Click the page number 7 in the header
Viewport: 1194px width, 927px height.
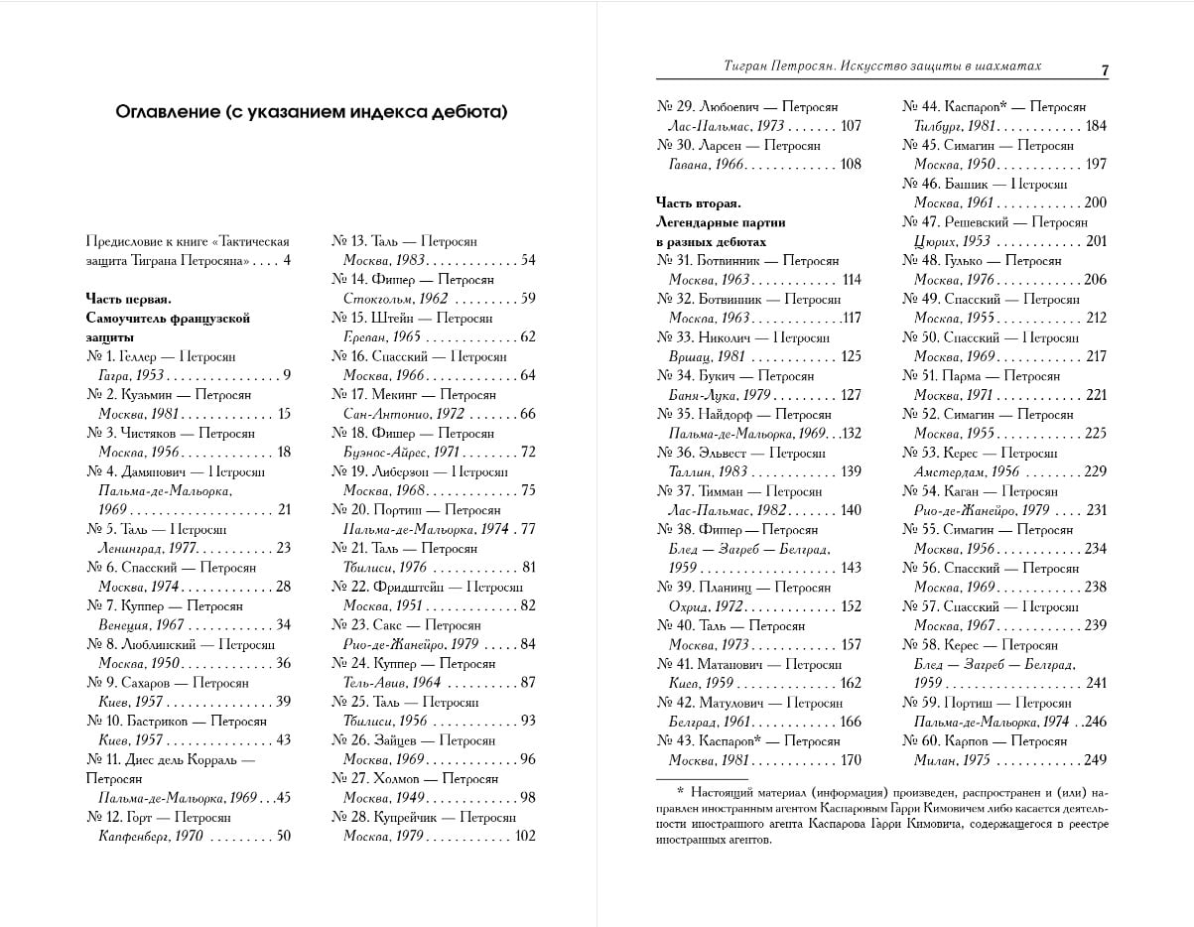pyautogui.click(x=1104, y=69)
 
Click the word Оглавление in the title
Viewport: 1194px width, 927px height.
pyautogui.click(x=172, y=112)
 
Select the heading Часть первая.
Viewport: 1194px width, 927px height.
pyautogui.click(x=129, y=299)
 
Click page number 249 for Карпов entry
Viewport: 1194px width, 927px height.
pyautogui.click(x=1095, y=760)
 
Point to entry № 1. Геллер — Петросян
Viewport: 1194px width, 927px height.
pyautogui.click(x=161, y=356)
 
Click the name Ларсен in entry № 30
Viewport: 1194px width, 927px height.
pyautogui.click(x=728, y=146)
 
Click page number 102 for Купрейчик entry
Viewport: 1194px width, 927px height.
pyautogui.click(x=523, y=837)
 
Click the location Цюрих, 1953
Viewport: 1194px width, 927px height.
pyautogui.click(x=952, y=241)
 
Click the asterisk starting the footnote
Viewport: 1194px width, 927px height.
pyautogui.click(x=681, y=791)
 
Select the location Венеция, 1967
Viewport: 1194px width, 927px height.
pyautogui.click(x=141, y=625)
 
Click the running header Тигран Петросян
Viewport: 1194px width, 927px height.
pyautogui.click(x=771, y=66)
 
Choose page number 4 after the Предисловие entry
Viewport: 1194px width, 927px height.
pyautogui.click(x=287, y=261)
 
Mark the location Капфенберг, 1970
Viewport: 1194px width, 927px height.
pyautogui.click(x=150, y=837)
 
